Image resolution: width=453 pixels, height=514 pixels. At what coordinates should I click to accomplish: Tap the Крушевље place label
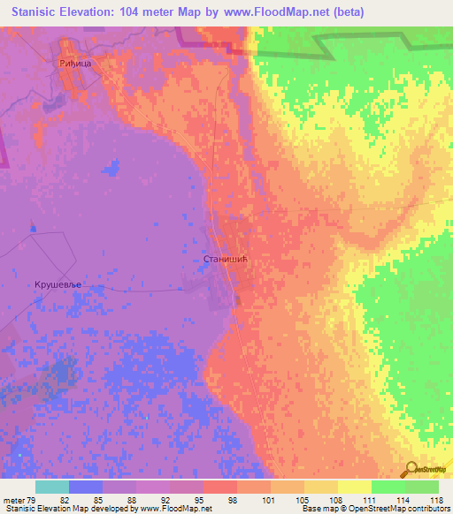point(59,285)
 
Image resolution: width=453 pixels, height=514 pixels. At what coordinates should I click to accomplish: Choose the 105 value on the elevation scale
point(304,499)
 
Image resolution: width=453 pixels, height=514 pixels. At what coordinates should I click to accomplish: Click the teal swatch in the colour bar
point(52,487)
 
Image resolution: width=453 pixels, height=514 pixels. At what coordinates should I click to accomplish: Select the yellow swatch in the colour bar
point(355,487)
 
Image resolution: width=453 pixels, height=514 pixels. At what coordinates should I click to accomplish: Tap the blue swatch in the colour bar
point(86,487)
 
